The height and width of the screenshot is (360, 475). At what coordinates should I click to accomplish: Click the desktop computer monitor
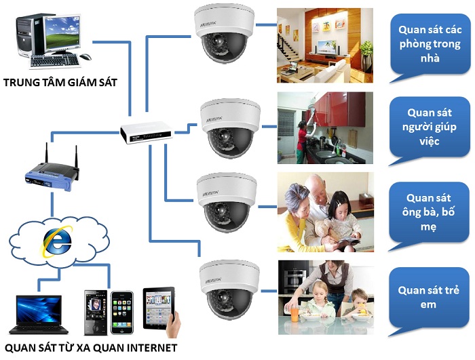pos(62,33)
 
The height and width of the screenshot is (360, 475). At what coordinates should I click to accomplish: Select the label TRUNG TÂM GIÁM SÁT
pos(60,82)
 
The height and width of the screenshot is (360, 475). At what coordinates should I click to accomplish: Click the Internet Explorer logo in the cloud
pos(58,241)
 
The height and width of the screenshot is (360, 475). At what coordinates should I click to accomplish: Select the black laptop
pos(39,315)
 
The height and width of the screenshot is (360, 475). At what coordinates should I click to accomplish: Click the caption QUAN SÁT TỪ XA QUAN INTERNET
pos(91,348)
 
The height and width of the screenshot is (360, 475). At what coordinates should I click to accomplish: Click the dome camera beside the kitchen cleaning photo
pos(229,127)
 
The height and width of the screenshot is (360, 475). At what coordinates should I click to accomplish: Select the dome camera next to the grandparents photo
pos(227,202)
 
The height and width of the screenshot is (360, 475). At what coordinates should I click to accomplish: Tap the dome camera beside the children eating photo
pos(229,289)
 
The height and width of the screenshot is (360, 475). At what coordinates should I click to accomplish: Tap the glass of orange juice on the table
pos(294,314)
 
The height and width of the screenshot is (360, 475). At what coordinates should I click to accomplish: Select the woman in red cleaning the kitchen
pos(303,142)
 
